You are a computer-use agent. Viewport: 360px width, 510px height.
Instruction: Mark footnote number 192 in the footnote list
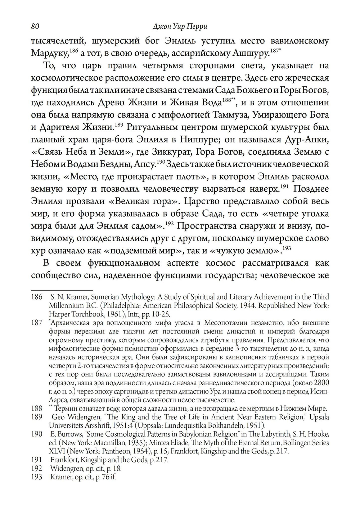click(37, 469)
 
